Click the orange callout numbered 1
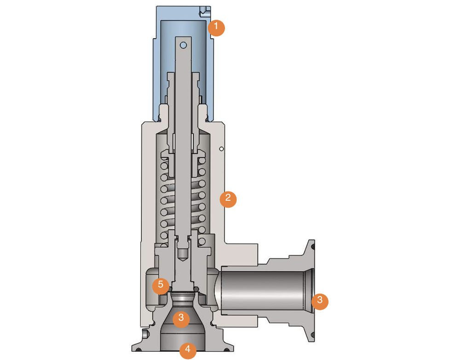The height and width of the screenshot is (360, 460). [216, 28]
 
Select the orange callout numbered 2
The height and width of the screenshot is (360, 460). [228, 199]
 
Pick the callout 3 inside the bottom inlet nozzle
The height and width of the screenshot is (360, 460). [181, 318]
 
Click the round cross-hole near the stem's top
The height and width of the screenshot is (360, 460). [184, 45]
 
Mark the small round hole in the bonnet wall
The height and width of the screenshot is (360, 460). [221, 149]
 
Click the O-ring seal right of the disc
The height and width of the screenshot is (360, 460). [197, 289]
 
